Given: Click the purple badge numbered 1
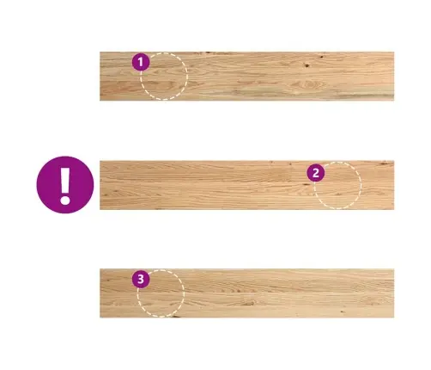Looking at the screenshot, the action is point(141,62).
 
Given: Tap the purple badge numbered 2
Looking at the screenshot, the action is point(316,173).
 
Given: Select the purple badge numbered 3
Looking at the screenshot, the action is point(141,279).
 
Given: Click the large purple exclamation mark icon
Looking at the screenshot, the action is point(65,185).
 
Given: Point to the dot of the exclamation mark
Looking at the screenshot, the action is point(65,200).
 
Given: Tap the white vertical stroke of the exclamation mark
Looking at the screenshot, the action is point(65,180).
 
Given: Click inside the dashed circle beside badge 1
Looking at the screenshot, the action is point(164,77).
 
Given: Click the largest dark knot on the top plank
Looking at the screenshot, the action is point(307,65).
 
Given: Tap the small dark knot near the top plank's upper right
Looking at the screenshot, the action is point(322,57).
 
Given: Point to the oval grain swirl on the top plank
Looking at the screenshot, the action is point(307,85).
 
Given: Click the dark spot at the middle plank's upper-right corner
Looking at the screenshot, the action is point(385,163).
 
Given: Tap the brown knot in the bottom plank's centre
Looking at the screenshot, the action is point(250,303).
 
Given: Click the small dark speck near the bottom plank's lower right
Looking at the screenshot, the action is point(342,311).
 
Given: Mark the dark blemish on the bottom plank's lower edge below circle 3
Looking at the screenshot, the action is point(175,317).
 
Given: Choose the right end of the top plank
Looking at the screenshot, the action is point(394,77).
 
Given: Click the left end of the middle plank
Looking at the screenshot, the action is point(100,185).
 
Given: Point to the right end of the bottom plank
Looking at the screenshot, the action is point(394,293).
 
